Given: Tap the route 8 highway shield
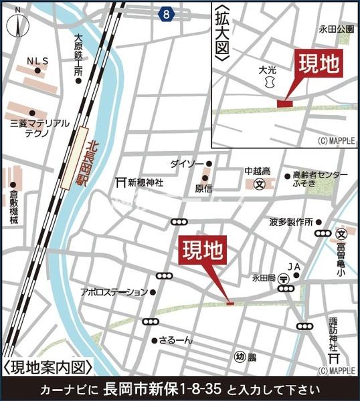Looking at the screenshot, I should click(165, 12).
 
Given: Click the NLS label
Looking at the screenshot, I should click(37, 61).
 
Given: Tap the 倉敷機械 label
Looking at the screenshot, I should click(13, 207).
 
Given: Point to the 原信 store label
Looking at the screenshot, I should click(203, 188).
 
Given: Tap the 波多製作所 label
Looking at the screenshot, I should click(292, 221).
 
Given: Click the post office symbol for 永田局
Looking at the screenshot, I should click(284, 277).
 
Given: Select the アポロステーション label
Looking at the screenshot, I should click(114, 291).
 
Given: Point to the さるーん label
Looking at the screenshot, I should click(176, 340).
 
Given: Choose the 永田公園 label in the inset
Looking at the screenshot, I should click(336, 29).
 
